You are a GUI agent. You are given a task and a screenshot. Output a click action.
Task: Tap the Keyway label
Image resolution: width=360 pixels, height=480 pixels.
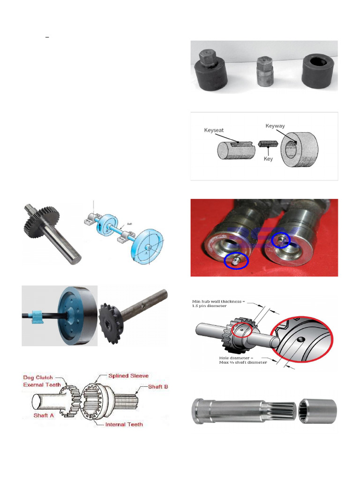275,126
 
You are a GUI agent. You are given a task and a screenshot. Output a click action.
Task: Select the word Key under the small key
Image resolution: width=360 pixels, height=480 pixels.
268,159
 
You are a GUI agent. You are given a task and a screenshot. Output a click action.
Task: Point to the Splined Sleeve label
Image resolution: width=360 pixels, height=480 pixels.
128,375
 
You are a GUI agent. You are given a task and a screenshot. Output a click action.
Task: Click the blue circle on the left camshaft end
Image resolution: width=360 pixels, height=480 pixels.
236,261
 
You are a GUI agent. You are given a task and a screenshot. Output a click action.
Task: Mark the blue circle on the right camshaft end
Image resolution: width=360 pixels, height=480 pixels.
281,240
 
